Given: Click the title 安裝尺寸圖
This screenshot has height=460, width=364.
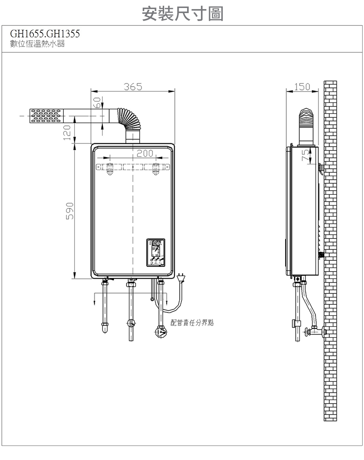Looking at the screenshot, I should [x=182, y=14].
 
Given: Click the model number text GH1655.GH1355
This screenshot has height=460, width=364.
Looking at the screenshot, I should [x=44, y=34].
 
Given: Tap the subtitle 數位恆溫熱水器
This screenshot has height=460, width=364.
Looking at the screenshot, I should [x=37, y=45].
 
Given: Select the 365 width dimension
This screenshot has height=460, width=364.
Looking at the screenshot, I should [x=132, y=87].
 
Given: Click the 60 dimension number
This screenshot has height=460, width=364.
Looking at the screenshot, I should [x=96, y=102].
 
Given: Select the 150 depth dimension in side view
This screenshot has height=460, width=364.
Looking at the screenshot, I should [x=302, y=87].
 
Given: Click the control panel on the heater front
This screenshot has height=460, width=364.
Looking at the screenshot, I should [x=155, y=251].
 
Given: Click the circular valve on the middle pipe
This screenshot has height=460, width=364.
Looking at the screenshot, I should [x=131, y=323].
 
